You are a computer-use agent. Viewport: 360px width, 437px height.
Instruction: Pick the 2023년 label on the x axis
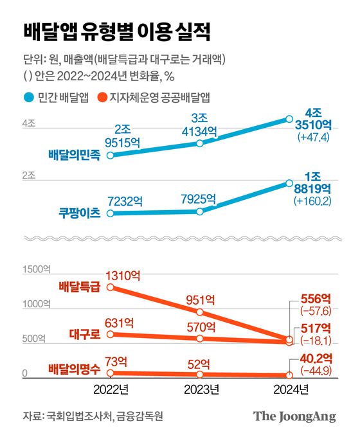click(x=201, y=389)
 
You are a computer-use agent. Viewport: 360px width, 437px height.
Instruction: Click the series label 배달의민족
click(x=74, y=156)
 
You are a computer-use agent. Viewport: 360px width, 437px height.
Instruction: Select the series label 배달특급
click(x=78, y=287)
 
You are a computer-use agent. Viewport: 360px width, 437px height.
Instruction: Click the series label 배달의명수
click(x=74, y=370)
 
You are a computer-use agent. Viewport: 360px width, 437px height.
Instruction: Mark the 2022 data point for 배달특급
click(x=110, y=287)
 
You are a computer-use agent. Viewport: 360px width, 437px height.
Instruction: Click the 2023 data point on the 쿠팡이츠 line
click(x=200, y=211)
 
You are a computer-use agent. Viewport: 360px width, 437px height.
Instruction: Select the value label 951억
click(x=200, y=298)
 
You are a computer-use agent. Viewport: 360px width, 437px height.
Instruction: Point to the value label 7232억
click(x=127, y=201)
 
